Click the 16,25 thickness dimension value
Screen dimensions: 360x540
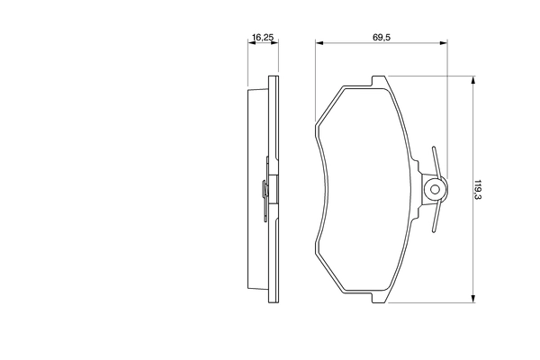(x=261, y=37)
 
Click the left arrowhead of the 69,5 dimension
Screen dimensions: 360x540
(x=319, y=43)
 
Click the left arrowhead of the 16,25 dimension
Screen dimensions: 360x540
(x=250, y=43)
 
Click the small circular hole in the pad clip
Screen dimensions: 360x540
(x=436, y=189)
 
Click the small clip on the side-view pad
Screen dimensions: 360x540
(x=262, y=189)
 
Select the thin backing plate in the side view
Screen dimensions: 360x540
(x=272, y=189)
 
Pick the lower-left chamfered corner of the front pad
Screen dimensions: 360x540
(x=328, y=274)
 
